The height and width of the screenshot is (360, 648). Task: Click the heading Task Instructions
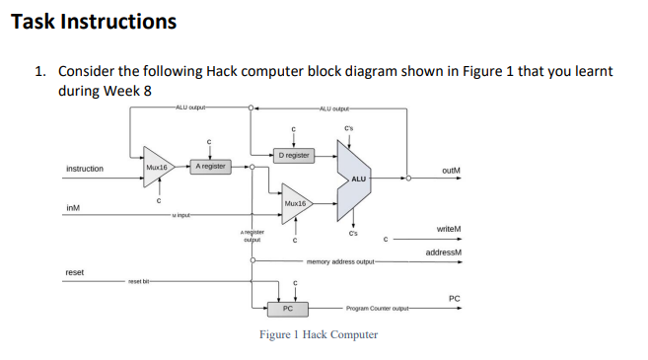[94, 21]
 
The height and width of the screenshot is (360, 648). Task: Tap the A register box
[210, 167]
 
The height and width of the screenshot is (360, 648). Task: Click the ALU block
[357, 178]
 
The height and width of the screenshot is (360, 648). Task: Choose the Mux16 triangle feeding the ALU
[296, 204]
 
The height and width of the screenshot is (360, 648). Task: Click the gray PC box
[287, 309]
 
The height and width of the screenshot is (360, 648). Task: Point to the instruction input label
[84, 169]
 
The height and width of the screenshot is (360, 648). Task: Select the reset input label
[74, 271]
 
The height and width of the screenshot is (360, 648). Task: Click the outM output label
[451, 169]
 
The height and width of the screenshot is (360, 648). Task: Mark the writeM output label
[449, 229]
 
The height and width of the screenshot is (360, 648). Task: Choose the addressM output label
[444, 252]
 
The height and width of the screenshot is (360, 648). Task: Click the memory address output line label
[339, 262]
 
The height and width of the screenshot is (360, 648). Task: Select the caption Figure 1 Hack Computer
[318, 335]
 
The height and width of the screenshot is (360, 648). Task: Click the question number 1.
[39, 72]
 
